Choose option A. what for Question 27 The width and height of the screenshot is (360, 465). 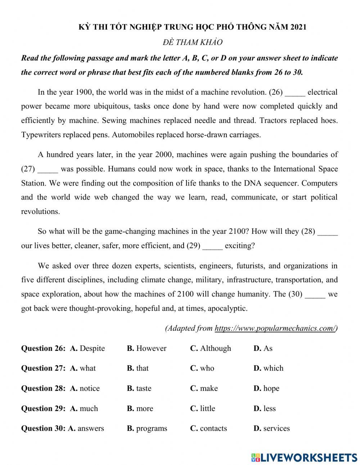(x=83, y=368)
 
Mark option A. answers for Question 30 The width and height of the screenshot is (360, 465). (x=86, y=428)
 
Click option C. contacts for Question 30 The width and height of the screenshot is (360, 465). (x=208, y=428)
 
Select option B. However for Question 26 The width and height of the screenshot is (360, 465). (x=147, y=348)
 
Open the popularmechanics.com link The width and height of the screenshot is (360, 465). (x=275, y=328)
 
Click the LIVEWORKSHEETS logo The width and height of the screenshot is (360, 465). (x=304, y=457)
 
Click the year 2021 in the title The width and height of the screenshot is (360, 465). (x=298, y=27)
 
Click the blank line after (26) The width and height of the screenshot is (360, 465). (x=295, y=93)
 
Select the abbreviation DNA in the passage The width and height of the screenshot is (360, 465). (x=253, y=183)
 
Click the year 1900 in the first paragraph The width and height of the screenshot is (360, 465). (x=85, y=92)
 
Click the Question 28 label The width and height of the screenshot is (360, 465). (x=43, y=388)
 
